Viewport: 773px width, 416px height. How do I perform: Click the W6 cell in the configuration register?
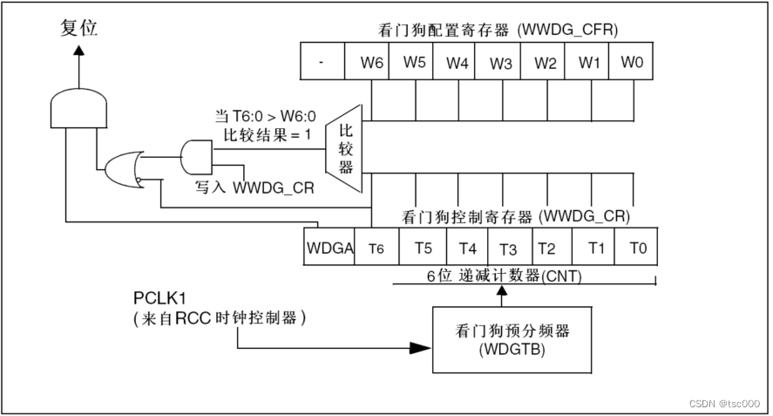[x=367, y=61]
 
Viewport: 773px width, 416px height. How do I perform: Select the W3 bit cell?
[x=498, y=61]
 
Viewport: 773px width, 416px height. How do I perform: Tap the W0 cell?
[x=631, y=61]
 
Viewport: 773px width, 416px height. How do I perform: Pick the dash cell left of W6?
[x=323, y=61]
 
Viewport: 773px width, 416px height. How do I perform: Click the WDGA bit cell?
[x=329, y=247]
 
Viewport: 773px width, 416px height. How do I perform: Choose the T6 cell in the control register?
[x=376, y=247]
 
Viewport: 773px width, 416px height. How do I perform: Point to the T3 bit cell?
[x=510, y=247]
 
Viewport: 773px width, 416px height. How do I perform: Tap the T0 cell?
[x=636, y=247]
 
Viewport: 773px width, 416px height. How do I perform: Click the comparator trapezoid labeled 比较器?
[x=344, y=148]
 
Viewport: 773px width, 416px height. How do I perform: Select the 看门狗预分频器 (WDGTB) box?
[x=512, y=340]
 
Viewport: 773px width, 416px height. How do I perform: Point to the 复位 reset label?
[x=79, y=28]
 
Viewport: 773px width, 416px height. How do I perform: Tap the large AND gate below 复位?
[x=79, y=108]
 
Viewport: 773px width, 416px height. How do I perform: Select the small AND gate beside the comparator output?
[x=197, y=158]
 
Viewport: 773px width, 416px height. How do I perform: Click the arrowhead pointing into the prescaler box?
[x=421, y=348]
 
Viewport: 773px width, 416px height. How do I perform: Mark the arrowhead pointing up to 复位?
[x=79, y=50]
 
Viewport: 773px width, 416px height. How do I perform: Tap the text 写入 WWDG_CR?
[x=254, y=188]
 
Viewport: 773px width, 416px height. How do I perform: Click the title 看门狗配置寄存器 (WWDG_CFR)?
[x=498, y=31]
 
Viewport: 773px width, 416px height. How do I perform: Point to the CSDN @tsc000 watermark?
[x=724, y=403]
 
